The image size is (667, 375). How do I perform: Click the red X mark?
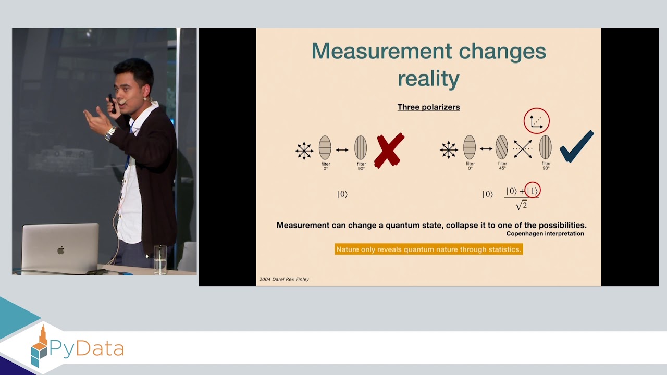tap(389, 150)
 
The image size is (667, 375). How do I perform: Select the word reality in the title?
tap(428, 79)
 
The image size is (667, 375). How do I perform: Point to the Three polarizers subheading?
tap(428, 107)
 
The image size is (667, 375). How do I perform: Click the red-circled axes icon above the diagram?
tap(536, 121)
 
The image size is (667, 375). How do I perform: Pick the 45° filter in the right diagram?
tap(501, 147)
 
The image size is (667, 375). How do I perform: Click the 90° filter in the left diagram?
tap(361, 147)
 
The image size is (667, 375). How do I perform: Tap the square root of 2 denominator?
tap(521, 205)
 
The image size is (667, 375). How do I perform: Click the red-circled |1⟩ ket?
tap(533, 191)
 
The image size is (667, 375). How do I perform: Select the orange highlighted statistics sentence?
tap(428, 249)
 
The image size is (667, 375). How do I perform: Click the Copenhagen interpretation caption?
tap(545, 234)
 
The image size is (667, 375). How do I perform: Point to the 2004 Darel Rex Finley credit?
tap(284, 279)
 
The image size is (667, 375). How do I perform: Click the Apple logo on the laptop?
tap(60, 250)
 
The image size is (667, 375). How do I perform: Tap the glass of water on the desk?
tap(160, 259)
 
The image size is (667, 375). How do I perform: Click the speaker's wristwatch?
tap(110, 134)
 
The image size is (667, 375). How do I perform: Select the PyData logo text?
tap(87, 348)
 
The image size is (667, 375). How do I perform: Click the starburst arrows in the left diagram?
tap(304, 151)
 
